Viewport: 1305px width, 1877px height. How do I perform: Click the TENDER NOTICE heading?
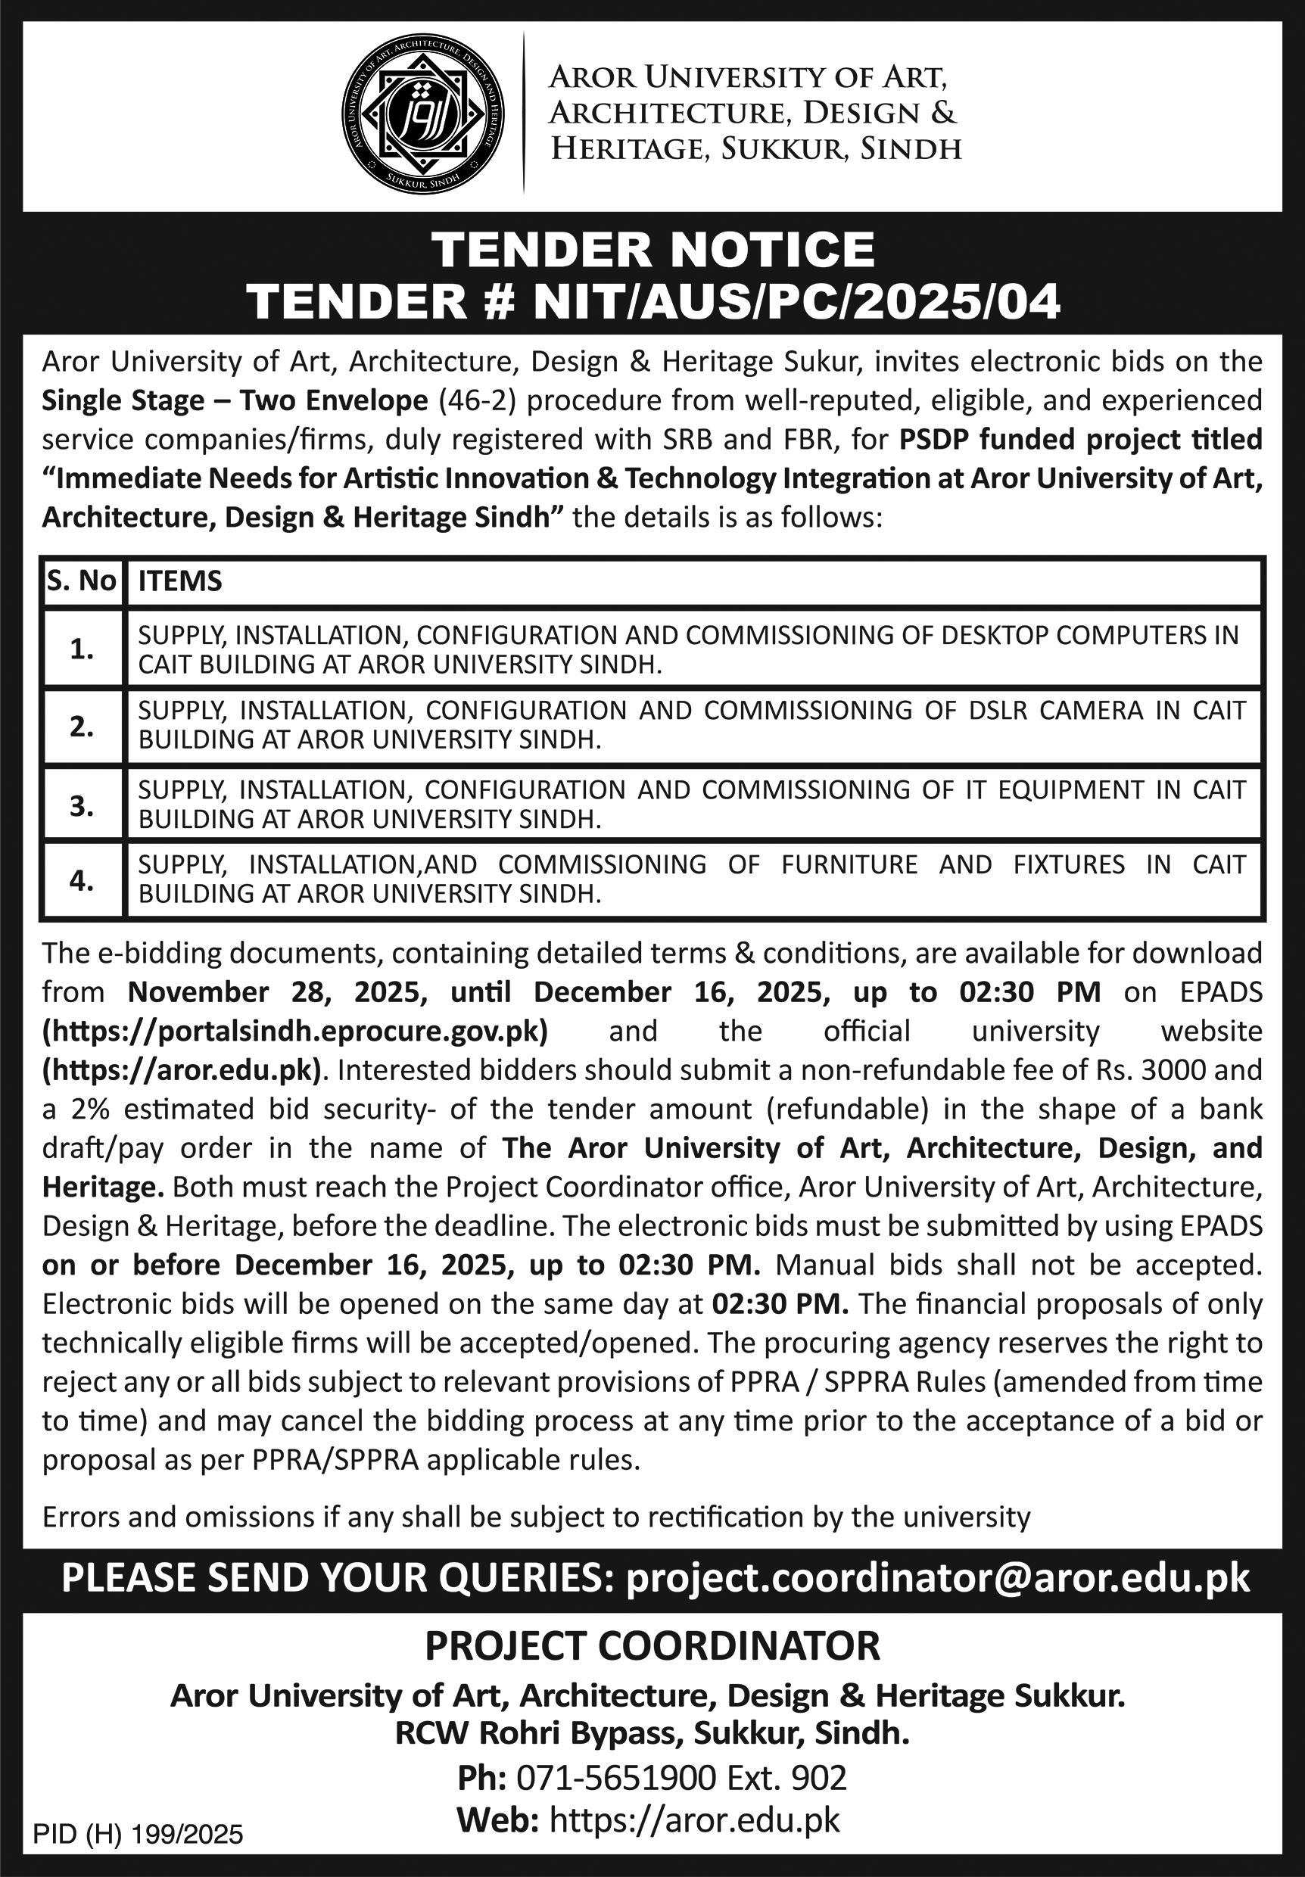click(652, 248)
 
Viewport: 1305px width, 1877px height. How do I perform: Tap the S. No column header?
click(82, 581)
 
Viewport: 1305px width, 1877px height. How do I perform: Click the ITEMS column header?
click(180, 581)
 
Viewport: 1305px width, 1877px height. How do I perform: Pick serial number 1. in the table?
click(82, 649)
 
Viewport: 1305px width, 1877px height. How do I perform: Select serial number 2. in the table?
click(82, 725)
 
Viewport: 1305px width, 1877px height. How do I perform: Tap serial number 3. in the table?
click(82, 805)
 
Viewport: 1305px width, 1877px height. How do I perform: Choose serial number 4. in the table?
click(82, 879)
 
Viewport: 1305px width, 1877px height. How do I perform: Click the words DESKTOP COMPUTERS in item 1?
click(1023, 635)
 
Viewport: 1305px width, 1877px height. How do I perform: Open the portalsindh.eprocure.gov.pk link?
click(295, 1030)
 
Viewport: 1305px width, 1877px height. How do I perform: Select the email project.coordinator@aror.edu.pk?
click(938, 1577)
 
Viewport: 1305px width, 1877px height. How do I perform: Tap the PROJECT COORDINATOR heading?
click(652, 1645)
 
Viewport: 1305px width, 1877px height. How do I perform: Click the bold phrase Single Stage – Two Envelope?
click(235, 400)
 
